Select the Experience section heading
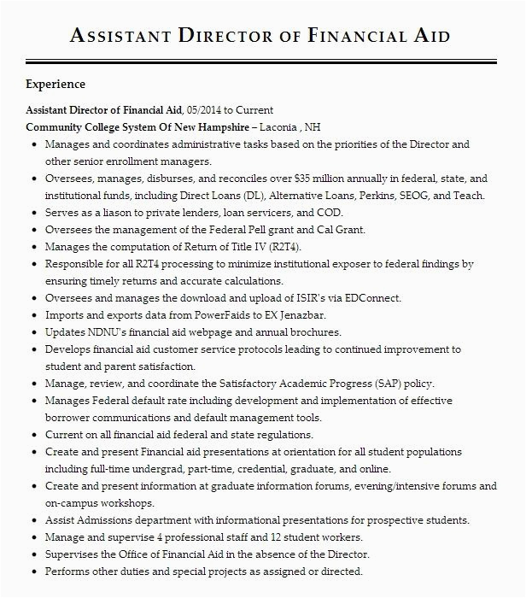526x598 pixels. (x=56, y=85)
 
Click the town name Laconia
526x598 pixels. (x=278, y=127)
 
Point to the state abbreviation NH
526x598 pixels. (x=313, y=127)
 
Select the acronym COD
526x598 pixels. (x=329, y=213)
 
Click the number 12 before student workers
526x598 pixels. (x=276, y=537)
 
